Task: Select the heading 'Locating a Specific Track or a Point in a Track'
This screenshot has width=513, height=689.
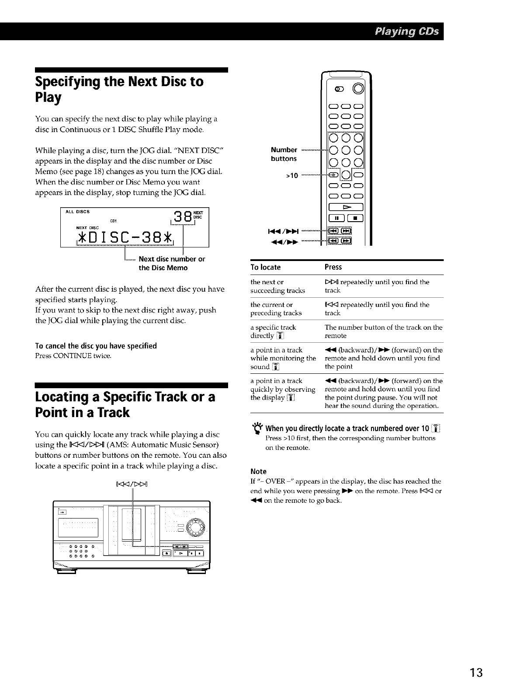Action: (125, 405)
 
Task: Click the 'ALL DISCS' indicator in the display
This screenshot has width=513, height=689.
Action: (77, 212)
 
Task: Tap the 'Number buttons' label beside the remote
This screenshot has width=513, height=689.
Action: (284, 154)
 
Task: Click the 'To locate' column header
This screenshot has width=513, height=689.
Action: (266, 267)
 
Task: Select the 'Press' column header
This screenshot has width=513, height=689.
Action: (333, 267)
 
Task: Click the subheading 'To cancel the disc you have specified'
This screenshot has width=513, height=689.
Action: (96, 346)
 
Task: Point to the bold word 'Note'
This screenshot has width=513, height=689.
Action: (258, 471)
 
